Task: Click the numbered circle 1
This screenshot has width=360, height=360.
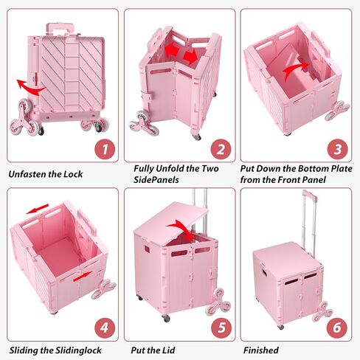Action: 105,149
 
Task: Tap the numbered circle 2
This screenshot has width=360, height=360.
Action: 221,149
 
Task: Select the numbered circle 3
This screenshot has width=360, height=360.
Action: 337,149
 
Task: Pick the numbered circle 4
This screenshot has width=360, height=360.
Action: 105,328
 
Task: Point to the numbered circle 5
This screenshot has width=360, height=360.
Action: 221,328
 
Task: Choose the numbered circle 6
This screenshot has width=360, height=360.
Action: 337,328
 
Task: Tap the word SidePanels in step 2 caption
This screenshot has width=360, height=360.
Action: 156,180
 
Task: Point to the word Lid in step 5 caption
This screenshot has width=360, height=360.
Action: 168,350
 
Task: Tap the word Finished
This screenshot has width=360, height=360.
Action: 261,350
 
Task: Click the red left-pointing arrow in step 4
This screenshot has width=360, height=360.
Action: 38,209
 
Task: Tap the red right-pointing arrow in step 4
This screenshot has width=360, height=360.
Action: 83,277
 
